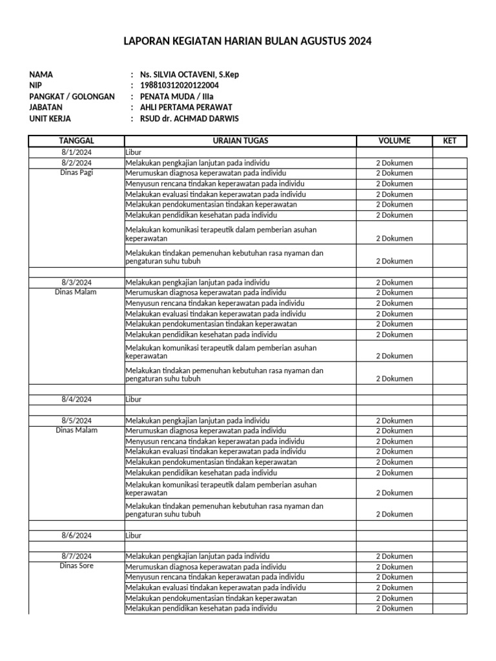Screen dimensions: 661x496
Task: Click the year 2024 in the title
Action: (x=360, y=42)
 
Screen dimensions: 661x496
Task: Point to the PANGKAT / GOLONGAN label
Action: (x=72, y=96)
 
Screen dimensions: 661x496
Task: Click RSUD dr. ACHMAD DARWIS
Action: (x=185, y=118)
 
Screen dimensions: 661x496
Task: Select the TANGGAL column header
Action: (x=77, y=141)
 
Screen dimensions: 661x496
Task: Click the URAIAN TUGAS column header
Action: (x=240, y=141)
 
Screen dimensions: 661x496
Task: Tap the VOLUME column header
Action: (x=394, y=141)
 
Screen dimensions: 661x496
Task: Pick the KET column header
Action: (x=449, y=141)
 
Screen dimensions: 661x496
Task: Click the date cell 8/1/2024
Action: (x=77, y=152)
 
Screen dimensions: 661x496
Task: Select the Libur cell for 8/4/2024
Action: (x=134, y=400)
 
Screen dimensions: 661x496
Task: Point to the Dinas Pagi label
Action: (x=77, y=173)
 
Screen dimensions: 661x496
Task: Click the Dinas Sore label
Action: (x=77, y=566)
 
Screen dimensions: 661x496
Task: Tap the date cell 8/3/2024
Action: (x=77, y=282)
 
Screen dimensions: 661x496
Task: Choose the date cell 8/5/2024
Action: (x=77, y=420)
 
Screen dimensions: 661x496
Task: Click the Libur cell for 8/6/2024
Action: (x=134, y=535)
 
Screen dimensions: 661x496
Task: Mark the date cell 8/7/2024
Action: (x=77, y=556)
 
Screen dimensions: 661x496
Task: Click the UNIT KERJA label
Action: (x=50, y=118)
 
